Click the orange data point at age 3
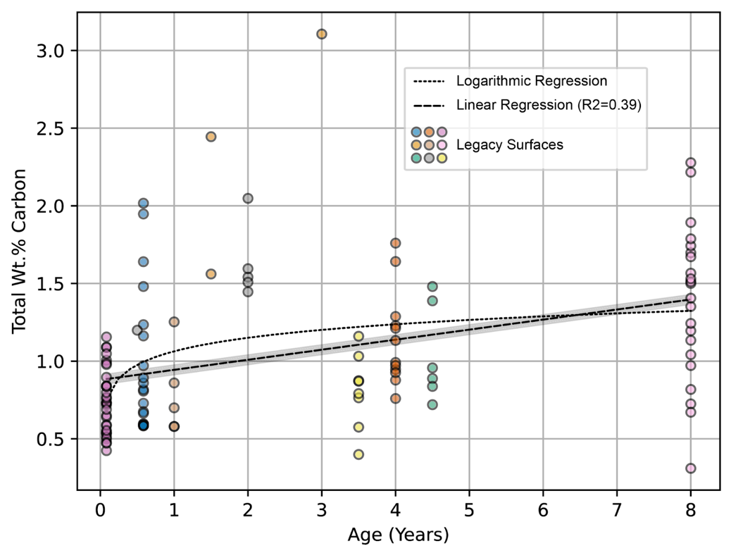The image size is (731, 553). click(321, 34)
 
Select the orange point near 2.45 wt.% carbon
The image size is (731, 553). click(211, 137)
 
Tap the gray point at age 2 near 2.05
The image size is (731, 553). click(248, 199)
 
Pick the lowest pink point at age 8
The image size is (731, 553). click(691, 468)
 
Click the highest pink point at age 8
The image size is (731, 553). click(691, 163)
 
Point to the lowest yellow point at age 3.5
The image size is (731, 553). click(358, 454)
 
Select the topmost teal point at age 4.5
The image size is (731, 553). click(432, 287)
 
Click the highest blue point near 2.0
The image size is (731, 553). click(143, 204)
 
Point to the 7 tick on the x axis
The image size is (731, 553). click(617, 509)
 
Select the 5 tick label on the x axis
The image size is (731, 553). click(469, 509)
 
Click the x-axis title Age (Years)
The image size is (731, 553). click(398, 535)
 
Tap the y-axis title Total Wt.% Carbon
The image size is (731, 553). click(19, 251)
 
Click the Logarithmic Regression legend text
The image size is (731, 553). click(532, 82)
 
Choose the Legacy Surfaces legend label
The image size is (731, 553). click(510, 145)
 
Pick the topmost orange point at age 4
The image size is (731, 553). click(395, 243)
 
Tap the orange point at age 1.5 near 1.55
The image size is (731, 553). click(211, 273)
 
